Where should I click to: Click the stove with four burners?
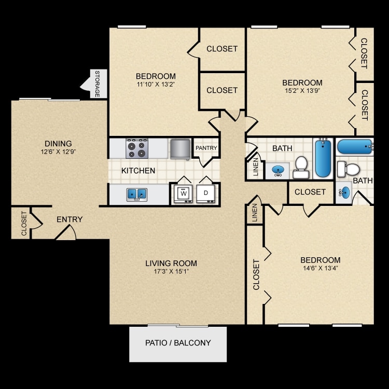[x=137, y=149]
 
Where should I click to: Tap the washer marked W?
[x=183, y=193]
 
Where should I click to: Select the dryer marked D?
[x=206, y=193]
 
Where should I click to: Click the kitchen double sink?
[x=137, y=195]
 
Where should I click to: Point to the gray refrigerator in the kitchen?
[x=180, y=149]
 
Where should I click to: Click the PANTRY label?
[x=206, y=148]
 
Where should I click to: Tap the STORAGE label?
[x=98, y=84]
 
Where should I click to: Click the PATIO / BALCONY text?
[x=178, y=343]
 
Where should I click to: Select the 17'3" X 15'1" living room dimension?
[x=172, y=271]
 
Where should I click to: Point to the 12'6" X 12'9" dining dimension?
[x=58, y=151]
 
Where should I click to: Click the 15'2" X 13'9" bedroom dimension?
[x=302, y=91]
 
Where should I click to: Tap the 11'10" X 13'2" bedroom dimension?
[x=156, y=84]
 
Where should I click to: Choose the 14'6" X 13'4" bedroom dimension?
[x=321, y=268]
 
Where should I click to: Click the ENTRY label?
[x=70, y=219]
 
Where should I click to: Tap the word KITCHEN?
[x=138, y=171]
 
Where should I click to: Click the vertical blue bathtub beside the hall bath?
[x=323, y=158]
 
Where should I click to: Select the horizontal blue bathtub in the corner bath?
[x=355, y=147]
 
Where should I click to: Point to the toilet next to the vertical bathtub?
[x=301, y=167]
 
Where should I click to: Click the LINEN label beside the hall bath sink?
[x=256, y=166]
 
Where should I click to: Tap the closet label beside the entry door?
[x=24, y=223]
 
